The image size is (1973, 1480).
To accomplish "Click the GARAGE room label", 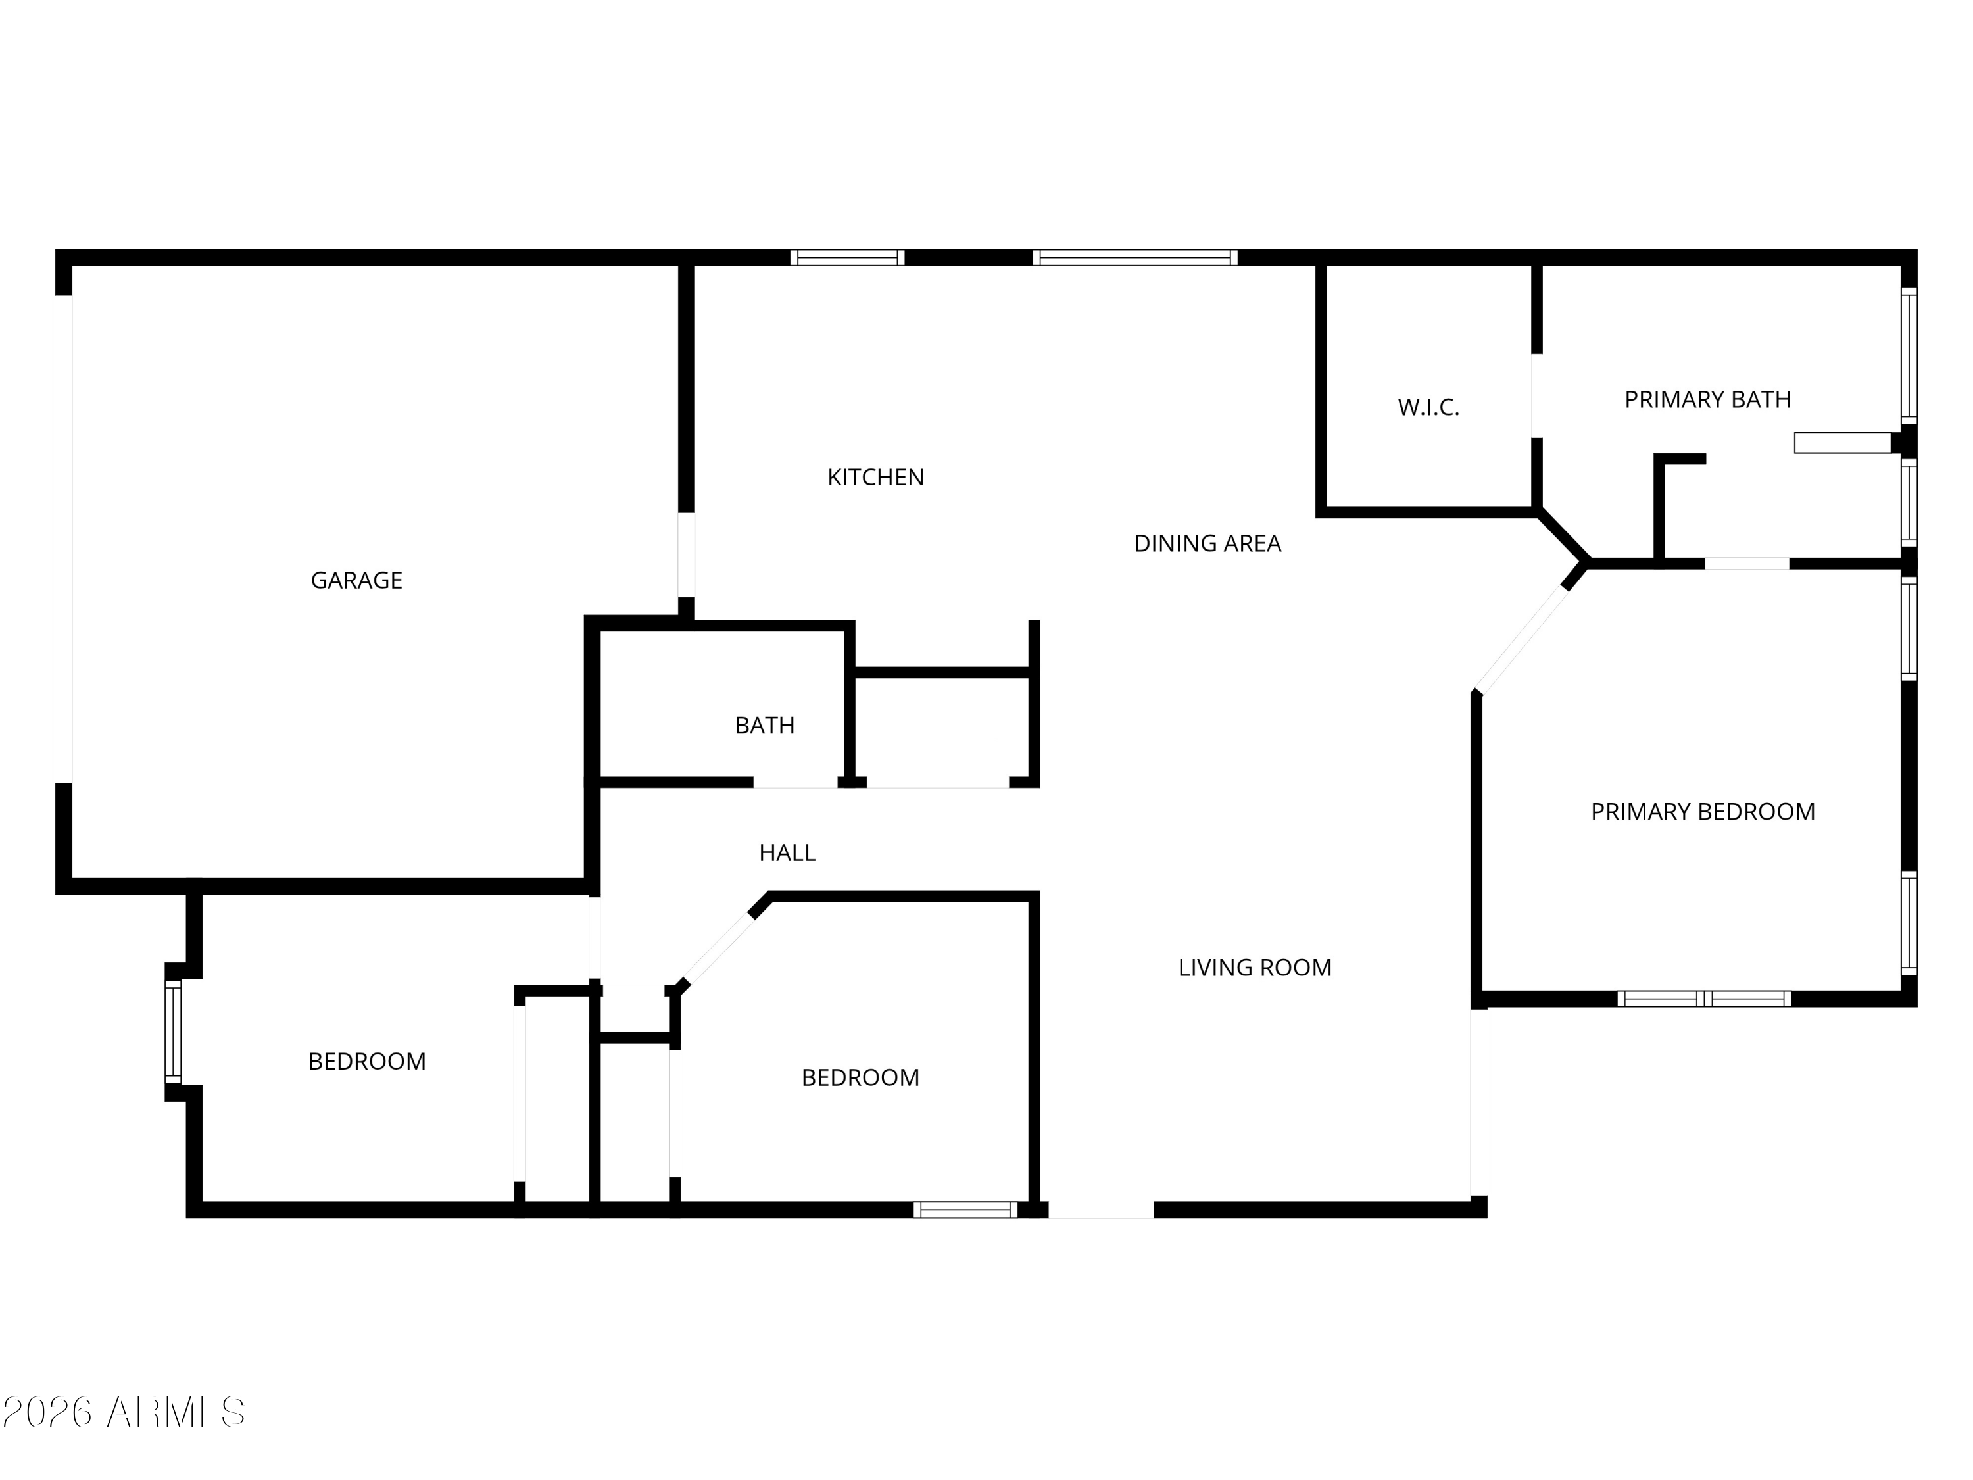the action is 356,581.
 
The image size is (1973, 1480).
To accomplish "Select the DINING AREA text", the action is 1207,543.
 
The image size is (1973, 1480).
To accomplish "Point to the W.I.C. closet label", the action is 1428,408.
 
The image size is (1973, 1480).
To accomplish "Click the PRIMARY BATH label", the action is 1707,400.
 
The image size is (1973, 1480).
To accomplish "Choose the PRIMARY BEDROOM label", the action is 1703,812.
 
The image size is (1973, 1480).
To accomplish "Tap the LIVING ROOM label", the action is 1254,968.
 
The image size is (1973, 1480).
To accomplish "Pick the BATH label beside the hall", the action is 764,726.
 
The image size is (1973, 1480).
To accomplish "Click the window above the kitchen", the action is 847,258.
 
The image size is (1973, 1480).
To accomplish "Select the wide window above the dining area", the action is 1134,258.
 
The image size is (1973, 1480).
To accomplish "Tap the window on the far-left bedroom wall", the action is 173,1032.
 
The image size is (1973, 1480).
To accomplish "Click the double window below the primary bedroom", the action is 1705,999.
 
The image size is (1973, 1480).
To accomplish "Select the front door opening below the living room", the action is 1101,1210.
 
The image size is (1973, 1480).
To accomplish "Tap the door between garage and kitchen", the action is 686,555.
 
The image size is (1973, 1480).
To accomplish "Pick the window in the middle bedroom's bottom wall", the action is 965,1210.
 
